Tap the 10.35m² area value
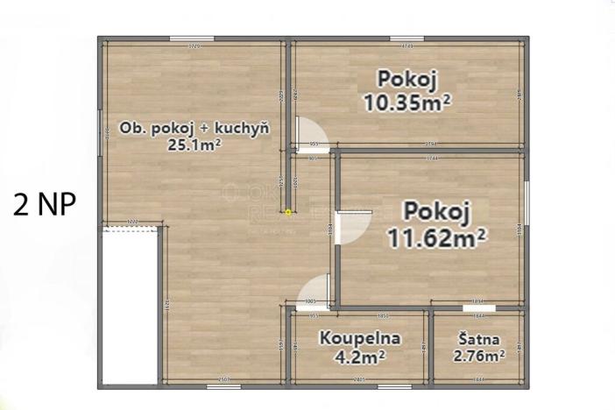tap(407, 102)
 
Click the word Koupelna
tap(359, 337)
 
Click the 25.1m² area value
tap(194, 145)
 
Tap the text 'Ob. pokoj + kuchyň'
tap(194, 128)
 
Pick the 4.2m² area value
tap(359, 356)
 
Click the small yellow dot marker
tap(287, 211)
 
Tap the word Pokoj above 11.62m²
tap(437, 211)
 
